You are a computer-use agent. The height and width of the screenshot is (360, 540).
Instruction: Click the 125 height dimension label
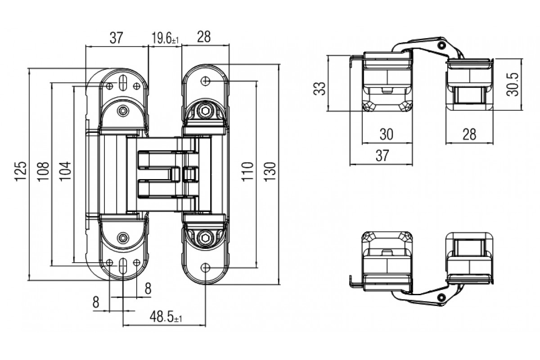click(21, 171)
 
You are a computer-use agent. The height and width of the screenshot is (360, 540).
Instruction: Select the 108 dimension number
click(43, 171)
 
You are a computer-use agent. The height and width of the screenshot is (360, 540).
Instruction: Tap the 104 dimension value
click(65, 171)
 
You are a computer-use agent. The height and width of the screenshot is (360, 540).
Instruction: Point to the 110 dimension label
click(247, 171)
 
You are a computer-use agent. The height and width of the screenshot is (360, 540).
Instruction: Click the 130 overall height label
click(270, 171)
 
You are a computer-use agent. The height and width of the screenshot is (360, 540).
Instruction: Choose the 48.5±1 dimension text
click(166, 317)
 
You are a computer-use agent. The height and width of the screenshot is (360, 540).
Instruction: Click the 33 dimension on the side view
click(319, 89)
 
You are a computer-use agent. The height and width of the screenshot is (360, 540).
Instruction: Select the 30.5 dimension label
click(513, 85)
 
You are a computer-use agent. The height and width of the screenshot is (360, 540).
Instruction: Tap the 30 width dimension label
click(387, 134)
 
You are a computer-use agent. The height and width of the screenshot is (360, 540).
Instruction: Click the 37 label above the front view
click(117, 38)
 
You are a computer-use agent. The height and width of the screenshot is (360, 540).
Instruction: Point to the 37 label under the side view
click(382, 156)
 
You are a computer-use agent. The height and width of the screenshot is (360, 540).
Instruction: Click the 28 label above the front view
click(204, 36)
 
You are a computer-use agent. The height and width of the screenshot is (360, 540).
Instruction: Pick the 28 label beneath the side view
click(469, 134)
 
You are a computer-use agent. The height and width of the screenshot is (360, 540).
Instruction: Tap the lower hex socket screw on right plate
click(205, 238)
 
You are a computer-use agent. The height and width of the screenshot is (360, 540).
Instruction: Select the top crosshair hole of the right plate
click(205, 81)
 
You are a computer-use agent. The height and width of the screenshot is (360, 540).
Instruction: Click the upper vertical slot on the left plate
click(123, 83)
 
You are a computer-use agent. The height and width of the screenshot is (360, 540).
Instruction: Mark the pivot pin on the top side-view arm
click(441, 45)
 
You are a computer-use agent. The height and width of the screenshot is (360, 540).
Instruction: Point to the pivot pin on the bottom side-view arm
click(441, 297)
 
